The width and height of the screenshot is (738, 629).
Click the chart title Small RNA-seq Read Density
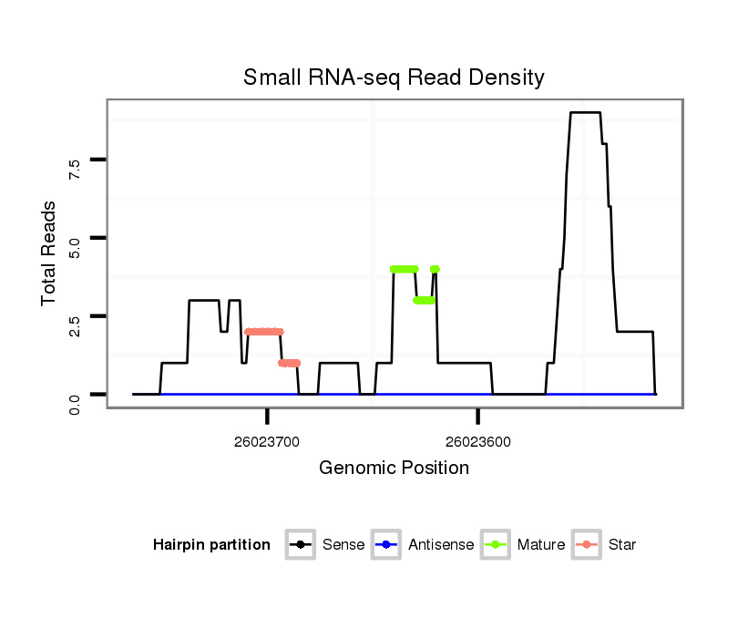394,77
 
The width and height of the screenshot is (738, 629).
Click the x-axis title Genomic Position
394,469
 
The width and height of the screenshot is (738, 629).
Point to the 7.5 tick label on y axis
75,168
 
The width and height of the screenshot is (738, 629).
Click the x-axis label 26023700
267,442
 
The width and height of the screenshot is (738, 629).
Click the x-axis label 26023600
478,442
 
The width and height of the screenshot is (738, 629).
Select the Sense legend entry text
343,545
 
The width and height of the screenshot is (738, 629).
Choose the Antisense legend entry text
441,545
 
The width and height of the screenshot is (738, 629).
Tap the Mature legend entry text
541,545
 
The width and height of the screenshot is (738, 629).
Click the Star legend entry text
622,545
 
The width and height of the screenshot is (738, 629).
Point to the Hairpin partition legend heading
211,545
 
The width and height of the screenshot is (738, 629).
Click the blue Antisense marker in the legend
386,545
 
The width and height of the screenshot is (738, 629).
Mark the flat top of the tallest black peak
585,113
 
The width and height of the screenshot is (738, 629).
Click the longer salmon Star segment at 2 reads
264,332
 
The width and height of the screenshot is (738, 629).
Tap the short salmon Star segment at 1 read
290,363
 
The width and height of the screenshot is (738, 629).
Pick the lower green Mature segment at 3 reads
424,300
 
